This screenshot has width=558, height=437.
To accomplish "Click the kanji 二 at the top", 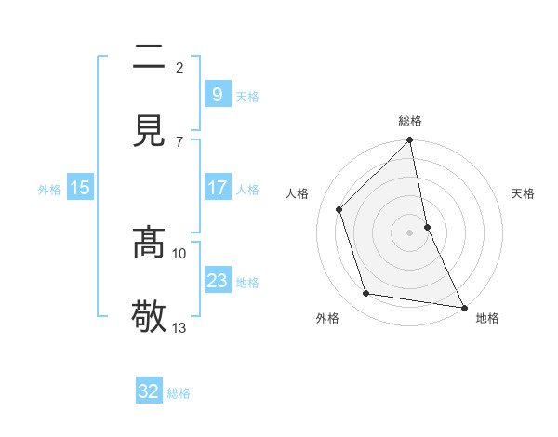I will click(149, 59).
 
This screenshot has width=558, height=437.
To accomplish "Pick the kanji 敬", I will click(149, 315).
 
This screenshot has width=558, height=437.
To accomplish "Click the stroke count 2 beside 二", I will click(179, 68).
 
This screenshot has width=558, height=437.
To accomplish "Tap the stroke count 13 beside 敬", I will click(179, 327).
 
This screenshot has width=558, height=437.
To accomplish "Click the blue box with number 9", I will click(217, 94).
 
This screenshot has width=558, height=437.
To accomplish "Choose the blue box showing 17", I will click(217, 188).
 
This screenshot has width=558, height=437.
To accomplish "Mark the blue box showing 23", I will click(217, 281).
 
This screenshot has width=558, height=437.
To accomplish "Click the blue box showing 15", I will click(80, 188).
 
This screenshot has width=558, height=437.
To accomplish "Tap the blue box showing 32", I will click(149, 391).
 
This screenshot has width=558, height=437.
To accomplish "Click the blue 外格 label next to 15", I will click(49, 190).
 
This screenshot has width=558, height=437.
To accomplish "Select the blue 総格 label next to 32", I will click(179, 393).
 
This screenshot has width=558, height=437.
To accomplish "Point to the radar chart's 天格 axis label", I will click(524, 194).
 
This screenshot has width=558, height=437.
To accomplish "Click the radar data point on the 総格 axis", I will click(410, 141).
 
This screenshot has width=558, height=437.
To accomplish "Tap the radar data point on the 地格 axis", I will click(463, 307).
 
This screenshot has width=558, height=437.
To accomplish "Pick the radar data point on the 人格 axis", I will click(339, 209).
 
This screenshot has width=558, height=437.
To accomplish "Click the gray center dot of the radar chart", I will click(410, 232).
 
